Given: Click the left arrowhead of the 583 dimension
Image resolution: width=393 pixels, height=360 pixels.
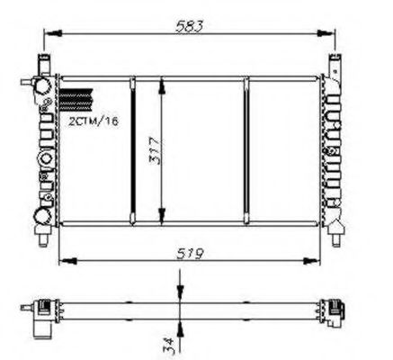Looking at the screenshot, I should point(46,37).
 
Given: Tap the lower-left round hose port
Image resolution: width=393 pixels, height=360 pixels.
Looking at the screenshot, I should point(40,216).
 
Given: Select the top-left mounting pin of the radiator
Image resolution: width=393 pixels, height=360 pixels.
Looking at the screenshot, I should point(41,62).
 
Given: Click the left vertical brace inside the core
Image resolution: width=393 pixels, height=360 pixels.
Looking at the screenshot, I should point(131,150).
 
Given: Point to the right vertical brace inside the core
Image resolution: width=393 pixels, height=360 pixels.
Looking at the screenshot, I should point(246,150).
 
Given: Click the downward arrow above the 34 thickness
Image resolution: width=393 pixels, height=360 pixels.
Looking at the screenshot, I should point(180,294).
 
